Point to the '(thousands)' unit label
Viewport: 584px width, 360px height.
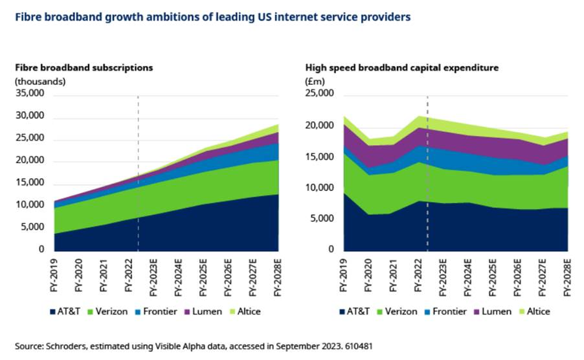[x=40, y=81]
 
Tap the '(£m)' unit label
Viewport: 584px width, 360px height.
[x=314, y=81]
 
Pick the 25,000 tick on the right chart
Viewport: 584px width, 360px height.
[x=319, y=94]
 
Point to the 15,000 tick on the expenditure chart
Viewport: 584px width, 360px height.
[x=319, y=157]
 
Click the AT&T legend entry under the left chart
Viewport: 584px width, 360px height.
[x=67, y=311]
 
